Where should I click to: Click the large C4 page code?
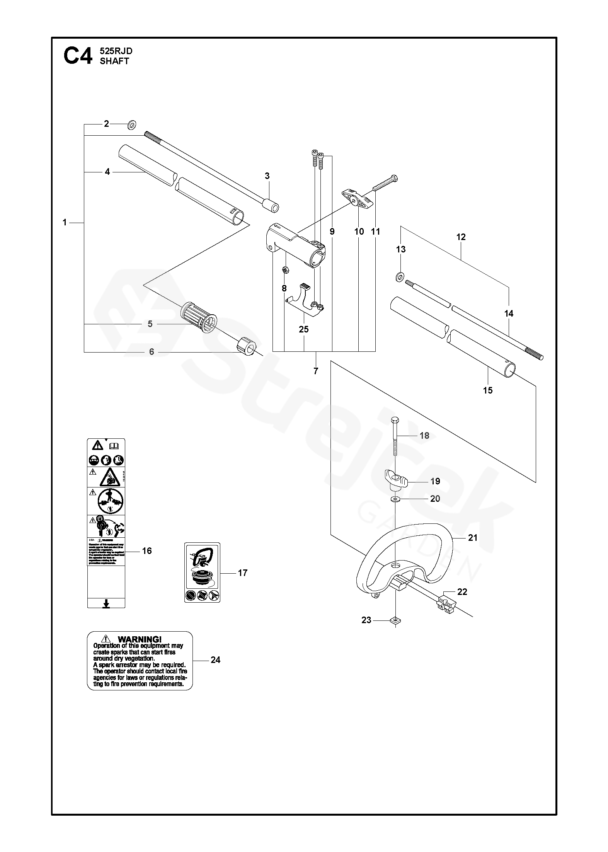click(x=78, y=56)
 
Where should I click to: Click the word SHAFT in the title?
click(x=114, y=61)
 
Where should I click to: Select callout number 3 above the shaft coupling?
click(x=267, y=176)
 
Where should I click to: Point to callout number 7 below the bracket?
click(x=316, y=371)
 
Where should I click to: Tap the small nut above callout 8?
click(x=284, y=270)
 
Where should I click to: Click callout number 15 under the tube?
click(x=488, y=390)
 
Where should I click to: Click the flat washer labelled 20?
click(x=395, y=499)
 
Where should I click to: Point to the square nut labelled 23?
click(x=395, y=620)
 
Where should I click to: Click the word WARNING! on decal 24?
click(x=139, y=639)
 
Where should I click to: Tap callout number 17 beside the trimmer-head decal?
click(x=242, y=573)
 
